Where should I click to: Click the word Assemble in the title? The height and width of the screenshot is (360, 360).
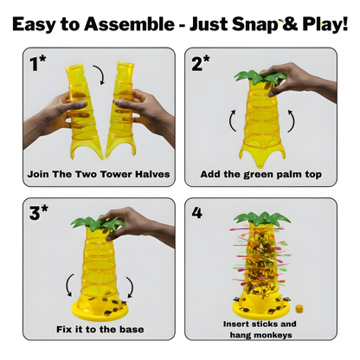coord(129,23)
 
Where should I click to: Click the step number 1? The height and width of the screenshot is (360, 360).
coord(35,64)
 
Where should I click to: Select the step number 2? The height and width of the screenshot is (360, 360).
coord(197,64)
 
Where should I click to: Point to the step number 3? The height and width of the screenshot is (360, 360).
coord(35,214)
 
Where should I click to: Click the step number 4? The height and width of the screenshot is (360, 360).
coord(197,214)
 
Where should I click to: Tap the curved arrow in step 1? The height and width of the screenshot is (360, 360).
coord(100,74)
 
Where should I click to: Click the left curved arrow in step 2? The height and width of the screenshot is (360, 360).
coord(232,120)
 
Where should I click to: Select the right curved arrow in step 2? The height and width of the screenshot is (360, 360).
coord(292,120)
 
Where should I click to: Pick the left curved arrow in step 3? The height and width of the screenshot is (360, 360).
coord(68,285)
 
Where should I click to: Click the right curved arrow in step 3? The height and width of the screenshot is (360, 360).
coord(131,287)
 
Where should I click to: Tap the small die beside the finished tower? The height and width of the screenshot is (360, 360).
coord(299,308)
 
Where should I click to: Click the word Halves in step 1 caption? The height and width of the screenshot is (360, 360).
coord(152,174)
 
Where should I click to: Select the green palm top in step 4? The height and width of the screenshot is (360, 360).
coord(262,220)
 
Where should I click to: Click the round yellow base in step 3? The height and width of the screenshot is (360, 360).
coord(100,310)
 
